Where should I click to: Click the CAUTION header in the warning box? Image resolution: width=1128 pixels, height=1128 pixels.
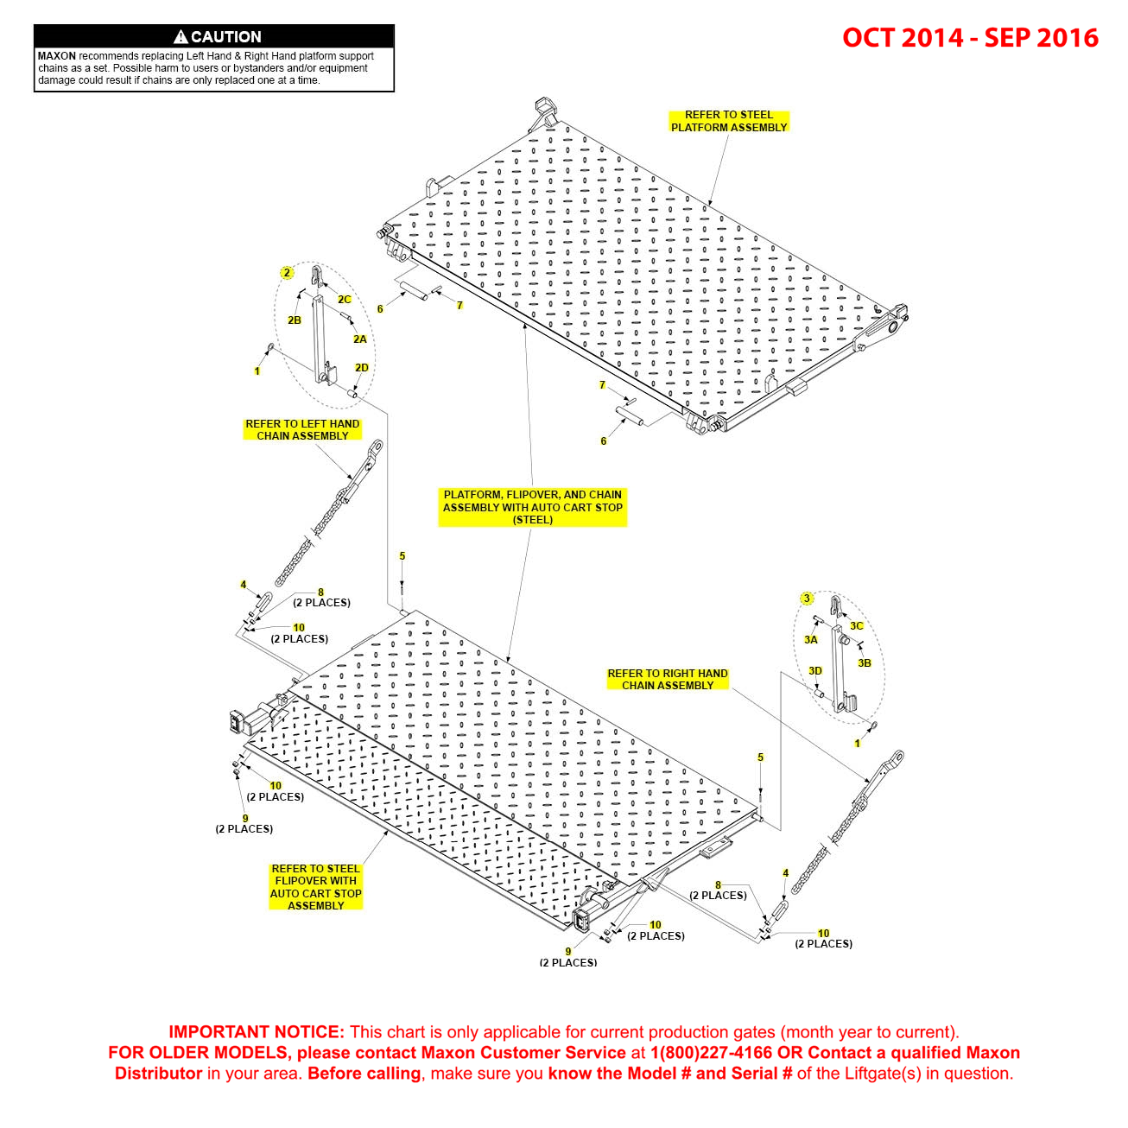pyautogui.click(x=225, y=36)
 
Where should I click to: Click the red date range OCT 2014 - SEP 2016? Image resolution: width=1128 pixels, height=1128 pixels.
pyautogui.click(x=970, y=38)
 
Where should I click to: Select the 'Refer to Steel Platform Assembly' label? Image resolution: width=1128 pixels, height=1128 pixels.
pyautogui.click(x=729, y=121)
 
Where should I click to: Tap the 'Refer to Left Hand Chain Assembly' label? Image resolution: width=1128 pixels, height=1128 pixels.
pyautogui.click(x=302, y=430)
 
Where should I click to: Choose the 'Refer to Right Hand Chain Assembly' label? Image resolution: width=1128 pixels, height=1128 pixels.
pyautogui.click(x=668, y=680)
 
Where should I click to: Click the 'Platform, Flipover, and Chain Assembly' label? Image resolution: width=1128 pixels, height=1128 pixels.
pyautogui.click(x=532, y=507)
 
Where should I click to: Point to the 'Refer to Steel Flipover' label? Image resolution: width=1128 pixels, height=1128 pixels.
pyautogui.click(x=316, y=887)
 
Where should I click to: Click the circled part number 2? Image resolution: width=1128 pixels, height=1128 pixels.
pyautogui.click(x=287, y=273)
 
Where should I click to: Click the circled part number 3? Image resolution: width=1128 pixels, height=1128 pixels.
pyautogui.click(x=807, y=599)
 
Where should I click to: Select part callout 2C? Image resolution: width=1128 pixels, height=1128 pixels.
pyautogui.click(x=345, y=300)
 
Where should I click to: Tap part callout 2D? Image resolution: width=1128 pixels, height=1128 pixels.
pyautogui.click(x=362, y=368)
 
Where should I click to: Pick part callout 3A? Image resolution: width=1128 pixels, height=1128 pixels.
pyautogui.click(x=810, y=640)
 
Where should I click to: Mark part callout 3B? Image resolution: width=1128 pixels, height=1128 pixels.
pyautogui.click(x=865, y=663)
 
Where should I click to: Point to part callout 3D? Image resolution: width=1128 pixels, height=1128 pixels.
pyautogui.click(x=815, y=671)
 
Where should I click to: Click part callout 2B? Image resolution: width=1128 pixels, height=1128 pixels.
pyautogui.click(x=295, y=320)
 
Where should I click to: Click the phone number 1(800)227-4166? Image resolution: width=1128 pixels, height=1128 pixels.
pyautogui.click(x=711, y=1053)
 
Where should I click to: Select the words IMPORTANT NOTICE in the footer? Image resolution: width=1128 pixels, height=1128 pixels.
pyautogui.click(x=257, y=1032)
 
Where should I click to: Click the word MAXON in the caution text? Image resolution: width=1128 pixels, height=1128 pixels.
pyautogui.click(x=57, y=56)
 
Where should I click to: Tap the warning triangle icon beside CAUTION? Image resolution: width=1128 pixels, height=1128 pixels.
pyautogui.click(x=181, y=36)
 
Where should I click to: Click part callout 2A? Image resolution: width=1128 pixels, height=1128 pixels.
pyautogui.click(x=360, y=339)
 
